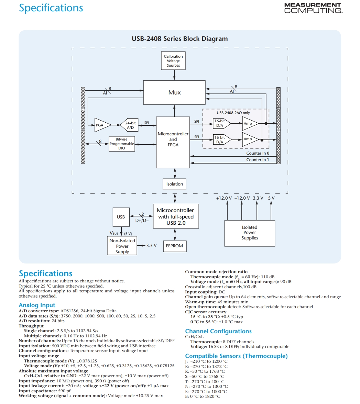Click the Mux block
tap(174, 92)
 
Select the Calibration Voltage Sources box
tap(173, 61)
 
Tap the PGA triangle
tap(102, 125)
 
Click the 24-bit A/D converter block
tap(129, 125)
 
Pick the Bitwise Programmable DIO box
tap(122, 144)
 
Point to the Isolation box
tap(175, 184)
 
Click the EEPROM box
tap(175, 246)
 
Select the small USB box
tap(121, 217)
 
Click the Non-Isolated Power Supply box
tap(122, 246)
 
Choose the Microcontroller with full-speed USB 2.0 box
tap(176, 216)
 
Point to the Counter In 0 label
tap(258, 153)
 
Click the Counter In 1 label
tap(258, 160)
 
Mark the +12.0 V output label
tap(224, 198)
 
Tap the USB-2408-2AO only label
tap(233, 113)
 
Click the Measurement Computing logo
tap(313, 8)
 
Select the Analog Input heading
tap(37, 305)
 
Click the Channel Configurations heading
tap(218, 331)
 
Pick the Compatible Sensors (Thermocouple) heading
tap(236, 356)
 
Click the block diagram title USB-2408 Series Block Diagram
tap(180, 38)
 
